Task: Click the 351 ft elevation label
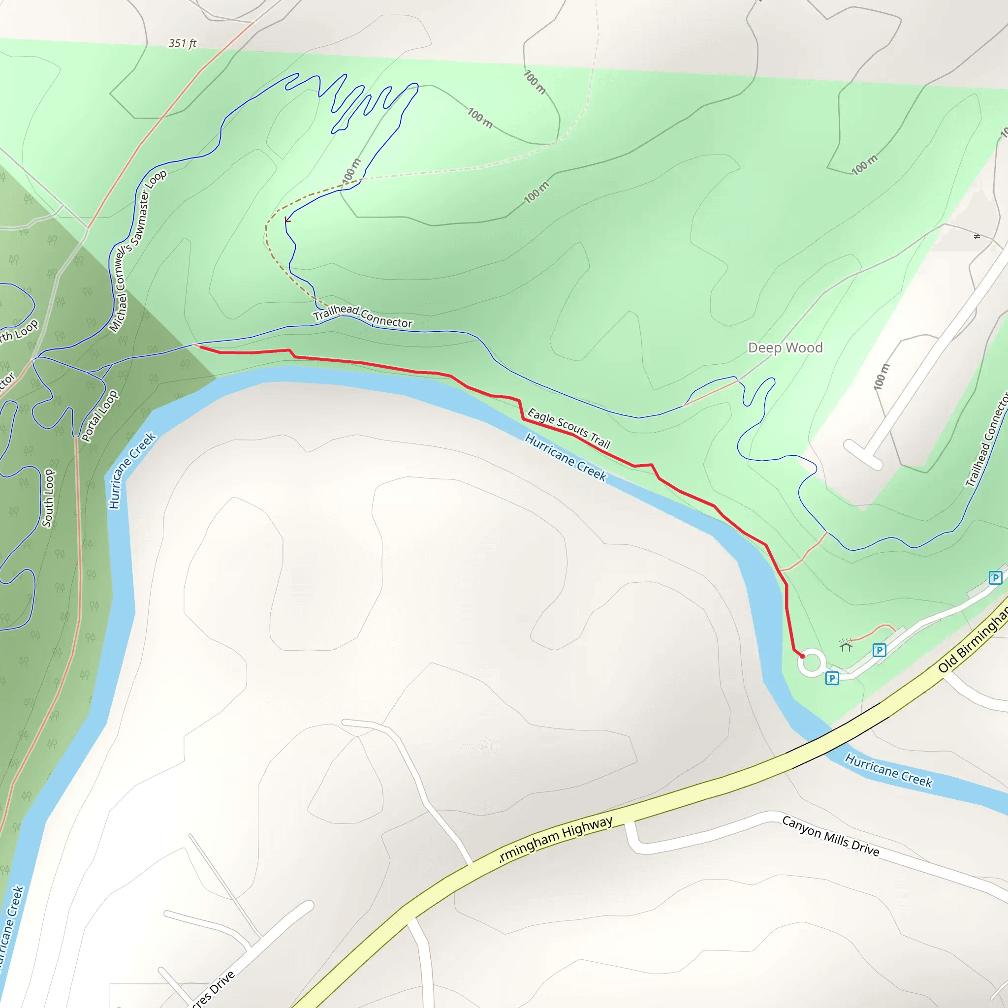click(182, 43)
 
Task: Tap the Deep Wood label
click(785, 347)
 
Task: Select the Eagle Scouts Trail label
click(568, 428)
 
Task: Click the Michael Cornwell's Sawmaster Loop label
click(137, 251)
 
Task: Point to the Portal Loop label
click(99, 416)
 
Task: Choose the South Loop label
click(48, 498)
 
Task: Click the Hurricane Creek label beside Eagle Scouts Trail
click(566, 457)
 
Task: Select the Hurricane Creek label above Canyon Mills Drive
click(888, 770)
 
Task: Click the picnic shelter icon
click(846, 645)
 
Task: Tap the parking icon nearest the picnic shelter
click(879, 650)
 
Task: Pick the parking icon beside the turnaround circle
click(832, 678)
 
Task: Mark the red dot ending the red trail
click(802, 656)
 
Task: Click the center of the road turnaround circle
click(811, 663)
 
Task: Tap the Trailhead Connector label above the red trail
click(363, 316)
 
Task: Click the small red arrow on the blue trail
click(287, 220)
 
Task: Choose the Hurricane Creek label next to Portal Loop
click(131, 470)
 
